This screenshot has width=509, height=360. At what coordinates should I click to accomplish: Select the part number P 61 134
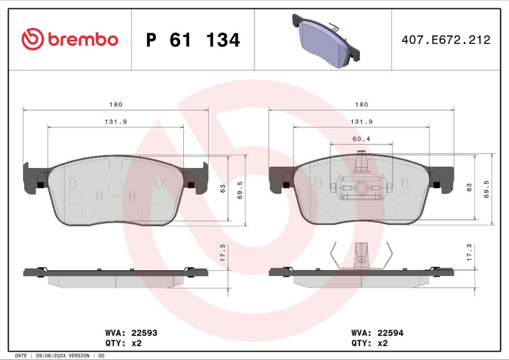point(193,40)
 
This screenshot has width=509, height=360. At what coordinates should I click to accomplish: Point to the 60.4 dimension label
point(361,138)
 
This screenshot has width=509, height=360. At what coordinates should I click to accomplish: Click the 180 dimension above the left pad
point(115,104)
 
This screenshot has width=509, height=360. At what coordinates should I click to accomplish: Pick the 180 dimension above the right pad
point(361,104)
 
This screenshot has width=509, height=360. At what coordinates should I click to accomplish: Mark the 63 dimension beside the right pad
point(470,187)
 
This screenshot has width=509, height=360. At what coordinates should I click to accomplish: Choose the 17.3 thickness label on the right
point(470,253)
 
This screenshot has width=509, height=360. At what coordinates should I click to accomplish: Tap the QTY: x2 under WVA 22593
point(122,343)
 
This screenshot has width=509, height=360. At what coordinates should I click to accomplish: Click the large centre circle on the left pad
point(115,188)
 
